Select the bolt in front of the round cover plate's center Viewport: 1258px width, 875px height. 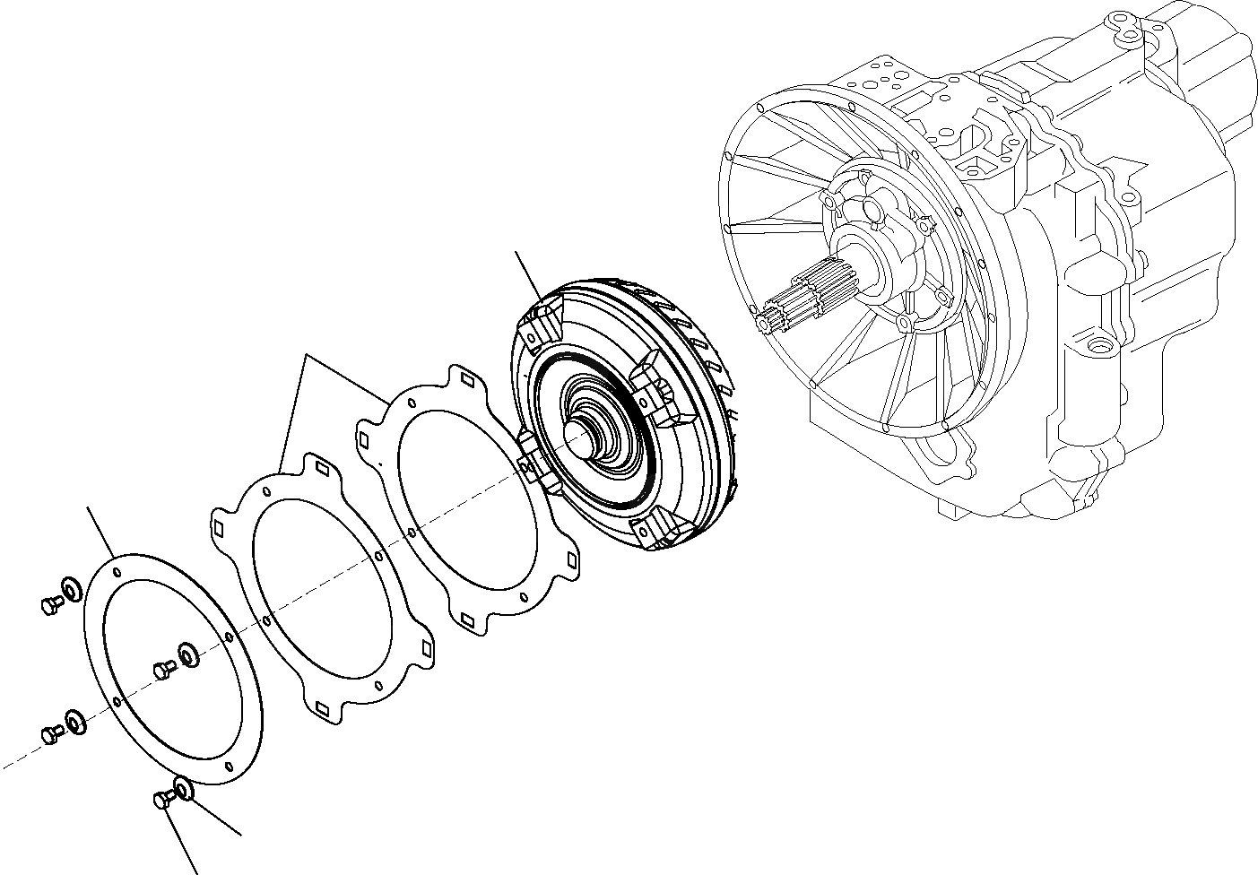tap(164, 669)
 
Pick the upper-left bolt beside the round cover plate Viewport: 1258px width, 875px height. tap(49, 606)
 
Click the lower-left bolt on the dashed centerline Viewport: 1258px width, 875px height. tap(50, 733)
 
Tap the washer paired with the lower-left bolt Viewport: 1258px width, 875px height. tap(73, 720)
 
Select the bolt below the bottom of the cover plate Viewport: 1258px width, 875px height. tap(162, 800)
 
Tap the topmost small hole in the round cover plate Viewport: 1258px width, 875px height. tap(118, 568)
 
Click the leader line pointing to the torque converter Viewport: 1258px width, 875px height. tap(527, 278)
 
